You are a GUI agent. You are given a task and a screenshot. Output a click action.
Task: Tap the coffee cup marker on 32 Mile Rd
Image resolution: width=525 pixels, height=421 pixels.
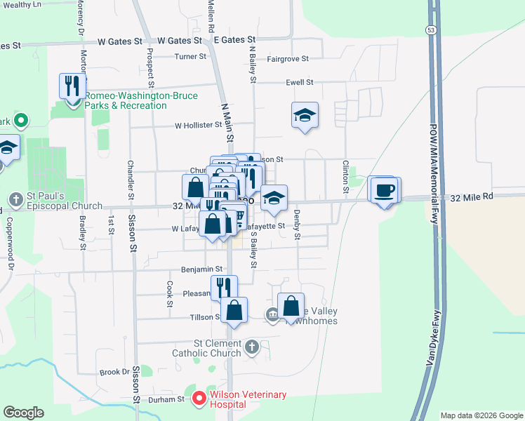[x=384, y=190]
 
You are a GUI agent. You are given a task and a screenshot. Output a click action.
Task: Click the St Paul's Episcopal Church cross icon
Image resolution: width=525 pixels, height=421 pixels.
[x=16, y=200]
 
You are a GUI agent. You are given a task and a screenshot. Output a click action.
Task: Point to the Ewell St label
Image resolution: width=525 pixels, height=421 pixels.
[x=299, y=83]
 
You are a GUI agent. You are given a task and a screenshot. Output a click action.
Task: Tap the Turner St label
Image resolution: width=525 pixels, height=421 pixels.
[x=190, y=57]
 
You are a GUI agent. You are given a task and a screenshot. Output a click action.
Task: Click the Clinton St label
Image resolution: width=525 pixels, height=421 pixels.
[x=345, y=177]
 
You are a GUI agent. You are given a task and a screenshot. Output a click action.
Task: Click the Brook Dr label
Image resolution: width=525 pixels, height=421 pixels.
[x=115, y=373]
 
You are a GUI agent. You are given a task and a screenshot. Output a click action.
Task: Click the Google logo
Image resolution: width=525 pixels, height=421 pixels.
[x=25, y=413]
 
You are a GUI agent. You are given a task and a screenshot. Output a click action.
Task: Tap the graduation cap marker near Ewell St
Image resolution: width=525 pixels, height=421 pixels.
[x=305, y=116]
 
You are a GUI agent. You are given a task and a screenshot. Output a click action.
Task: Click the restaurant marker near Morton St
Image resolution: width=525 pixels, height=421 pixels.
[x=73, y=87]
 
